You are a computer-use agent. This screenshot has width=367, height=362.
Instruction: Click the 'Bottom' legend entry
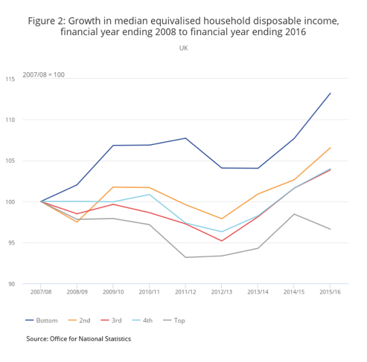pos(42,320)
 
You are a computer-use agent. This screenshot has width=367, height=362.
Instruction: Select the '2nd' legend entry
pos(79,320)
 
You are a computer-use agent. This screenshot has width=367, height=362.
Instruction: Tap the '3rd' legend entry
pos(111,320)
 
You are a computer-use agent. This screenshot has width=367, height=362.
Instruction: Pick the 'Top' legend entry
pos(174,320)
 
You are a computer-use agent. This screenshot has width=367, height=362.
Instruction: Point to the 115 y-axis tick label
pos(10,79)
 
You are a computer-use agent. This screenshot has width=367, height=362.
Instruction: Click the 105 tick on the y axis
pos(10,161)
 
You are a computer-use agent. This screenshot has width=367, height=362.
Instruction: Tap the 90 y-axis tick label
pos(11,284)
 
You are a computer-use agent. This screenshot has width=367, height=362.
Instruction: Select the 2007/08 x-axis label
pos(41,292)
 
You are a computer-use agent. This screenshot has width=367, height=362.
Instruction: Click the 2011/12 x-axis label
pos(185,292)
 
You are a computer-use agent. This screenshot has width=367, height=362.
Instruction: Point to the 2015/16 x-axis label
pos(330,292)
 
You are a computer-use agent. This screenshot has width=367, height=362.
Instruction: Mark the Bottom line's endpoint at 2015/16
pos(331,93)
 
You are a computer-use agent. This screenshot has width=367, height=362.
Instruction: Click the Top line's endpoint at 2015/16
pos(331,229)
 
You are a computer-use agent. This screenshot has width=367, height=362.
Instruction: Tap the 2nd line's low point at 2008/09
pos(77,222)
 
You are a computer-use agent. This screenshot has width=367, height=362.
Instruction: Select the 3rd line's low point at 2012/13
pos(222,241)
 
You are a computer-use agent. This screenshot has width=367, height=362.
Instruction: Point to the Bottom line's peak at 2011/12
pos(185,138)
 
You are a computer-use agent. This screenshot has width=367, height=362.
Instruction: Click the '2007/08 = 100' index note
pos(44,74)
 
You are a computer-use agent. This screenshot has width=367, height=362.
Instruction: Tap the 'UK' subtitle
pos(184,48)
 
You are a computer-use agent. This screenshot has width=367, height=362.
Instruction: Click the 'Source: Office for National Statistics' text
pos(79,339)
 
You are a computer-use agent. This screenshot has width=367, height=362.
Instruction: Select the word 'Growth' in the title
pos(84,21)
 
